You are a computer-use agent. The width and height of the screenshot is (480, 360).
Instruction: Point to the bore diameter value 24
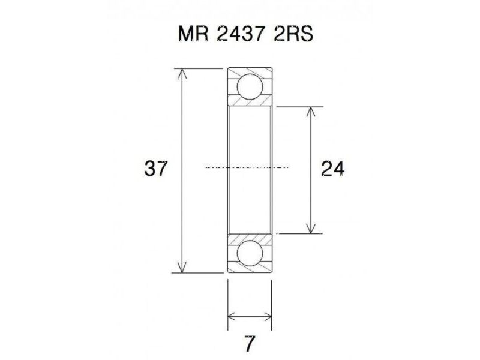(332, 169)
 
